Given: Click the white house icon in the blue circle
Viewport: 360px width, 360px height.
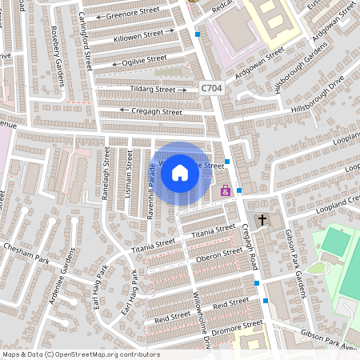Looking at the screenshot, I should [180, 172].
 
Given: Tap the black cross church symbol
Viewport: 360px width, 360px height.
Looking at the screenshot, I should [262, 220].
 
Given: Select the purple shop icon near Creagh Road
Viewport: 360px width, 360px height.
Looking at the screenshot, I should [226, 190].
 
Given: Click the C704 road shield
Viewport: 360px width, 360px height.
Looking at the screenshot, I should [211, 90].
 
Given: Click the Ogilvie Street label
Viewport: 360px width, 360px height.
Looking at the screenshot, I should [145, 60].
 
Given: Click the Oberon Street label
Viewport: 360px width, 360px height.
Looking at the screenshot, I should [219, 255].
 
